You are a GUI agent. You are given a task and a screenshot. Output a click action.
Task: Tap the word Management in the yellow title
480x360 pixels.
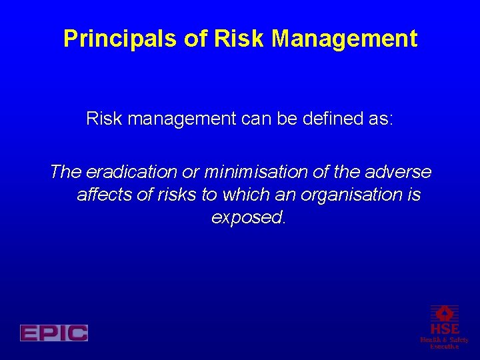click(345, 39)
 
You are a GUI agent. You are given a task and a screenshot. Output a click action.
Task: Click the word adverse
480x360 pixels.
click(402, 172)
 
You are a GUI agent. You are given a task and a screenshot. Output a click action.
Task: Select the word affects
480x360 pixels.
click(102, 195)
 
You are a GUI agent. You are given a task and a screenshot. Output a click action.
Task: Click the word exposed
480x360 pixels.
click(248, 218)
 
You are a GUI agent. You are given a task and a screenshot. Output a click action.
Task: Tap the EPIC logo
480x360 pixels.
click(54, 333)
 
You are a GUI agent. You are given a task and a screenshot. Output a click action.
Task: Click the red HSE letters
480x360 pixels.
click(444, 329)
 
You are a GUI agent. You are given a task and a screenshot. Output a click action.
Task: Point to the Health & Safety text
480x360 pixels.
click(444, 340)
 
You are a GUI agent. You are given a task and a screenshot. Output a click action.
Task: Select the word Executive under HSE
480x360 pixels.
click(444, 347)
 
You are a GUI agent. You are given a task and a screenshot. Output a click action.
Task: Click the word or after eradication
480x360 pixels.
click(191, 172)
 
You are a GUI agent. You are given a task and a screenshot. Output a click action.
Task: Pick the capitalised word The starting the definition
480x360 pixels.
click(65, 172)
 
